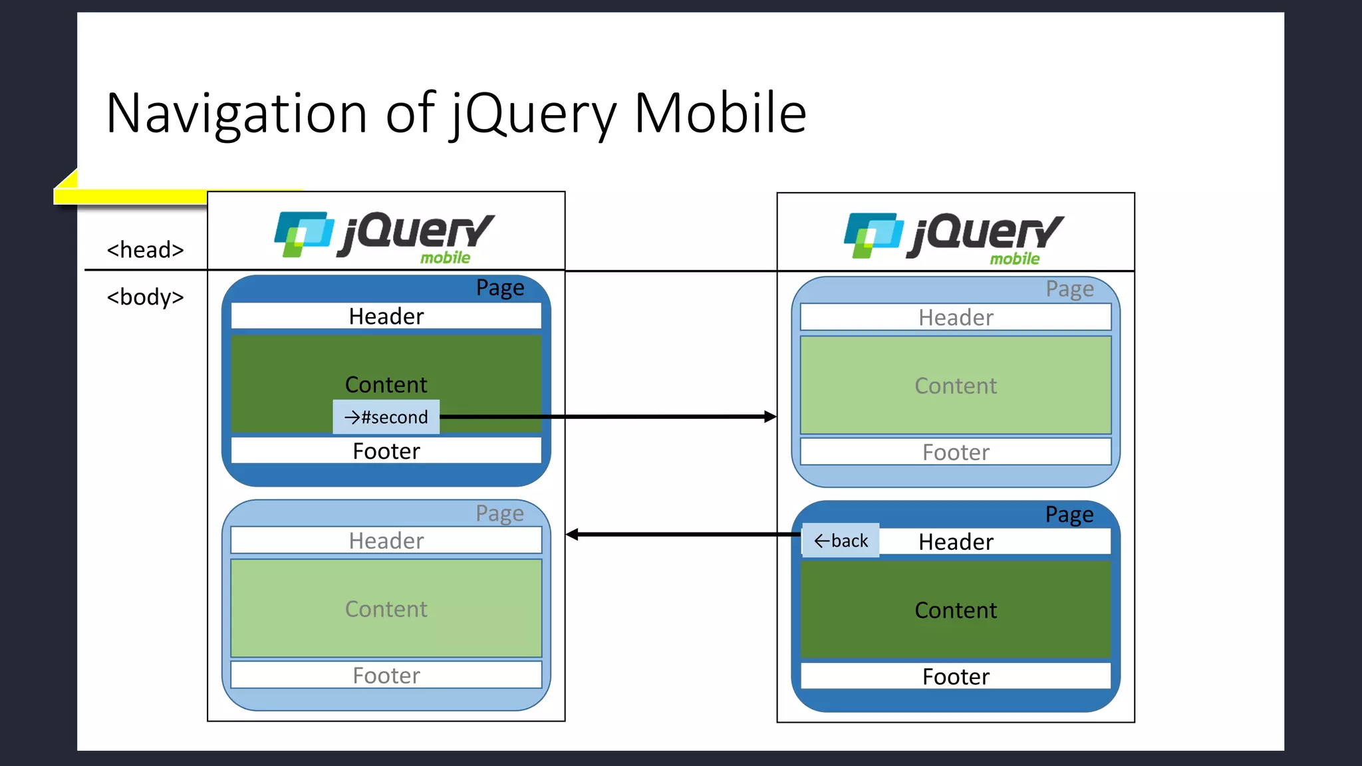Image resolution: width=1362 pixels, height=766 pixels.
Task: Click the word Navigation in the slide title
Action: pos(236,113)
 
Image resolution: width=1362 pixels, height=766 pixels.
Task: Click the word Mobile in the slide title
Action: pos(720,113)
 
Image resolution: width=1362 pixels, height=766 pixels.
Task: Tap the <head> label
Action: pos(145,250)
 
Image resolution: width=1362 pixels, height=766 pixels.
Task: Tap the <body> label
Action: pos(145,297)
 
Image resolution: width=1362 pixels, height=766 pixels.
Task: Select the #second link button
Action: pos(386,417)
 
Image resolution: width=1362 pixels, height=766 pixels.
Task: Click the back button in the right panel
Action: pos(841,541)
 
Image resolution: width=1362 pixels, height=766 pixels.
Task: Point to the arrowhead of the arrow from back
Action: pos(571,535)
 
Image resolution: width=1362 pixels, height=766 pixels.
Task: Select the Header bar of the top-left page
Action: pos(386,316)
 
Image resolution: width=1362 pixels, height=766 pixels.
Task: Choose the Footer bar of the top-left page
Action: pos(386,451)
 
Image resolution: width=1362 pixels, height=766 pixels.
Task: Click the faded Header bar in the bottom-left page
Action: pos(386,541)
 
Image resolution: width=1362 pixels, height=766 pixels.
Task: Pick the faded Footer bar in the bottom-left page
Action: pos(386,676)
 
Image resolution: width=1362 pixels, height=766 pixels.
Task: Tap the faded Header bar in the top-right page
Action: pos(956,317)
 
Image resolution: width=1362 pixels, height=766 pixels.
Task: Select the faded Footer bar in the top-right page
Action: pos(956,452)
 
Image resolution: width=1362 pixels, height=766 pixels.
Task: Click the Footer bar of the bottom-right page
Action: pos(956,676)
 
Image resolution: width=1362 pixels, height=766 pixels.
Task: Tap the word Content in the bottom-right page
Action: pos(956,610)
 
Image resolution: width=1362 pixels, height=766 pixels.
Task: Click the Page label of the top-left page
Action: pos(500,288)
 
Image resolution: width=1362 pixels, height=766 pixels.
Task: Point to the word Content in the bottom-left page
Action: pos(386,609)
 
